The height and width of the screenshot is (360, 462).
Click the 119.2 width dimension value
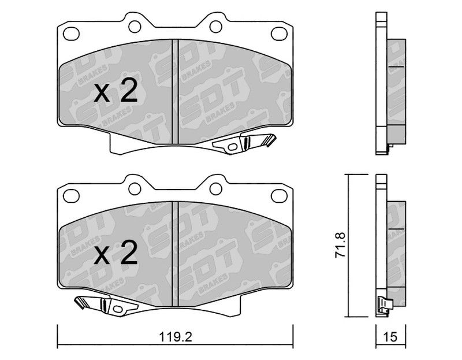tap(176, 337)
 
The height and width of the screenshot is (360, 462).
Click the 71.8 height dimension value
tap(340, 246)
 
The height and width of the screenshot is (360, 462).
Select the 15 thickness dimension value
tap(390, 337)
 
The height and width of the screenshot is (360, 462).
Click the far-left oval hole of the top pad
tap(72, 34)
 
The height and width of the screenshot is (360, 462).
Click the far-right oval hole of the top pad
tap(279, 34)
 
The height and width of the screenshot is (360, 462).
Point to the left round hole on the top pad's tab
tap(135, 27)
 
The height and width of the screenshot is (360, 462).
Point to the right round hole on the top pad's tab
tap(215, 27)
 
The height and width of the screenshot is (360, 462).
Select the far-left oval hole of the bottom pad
tap(72, 196)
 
